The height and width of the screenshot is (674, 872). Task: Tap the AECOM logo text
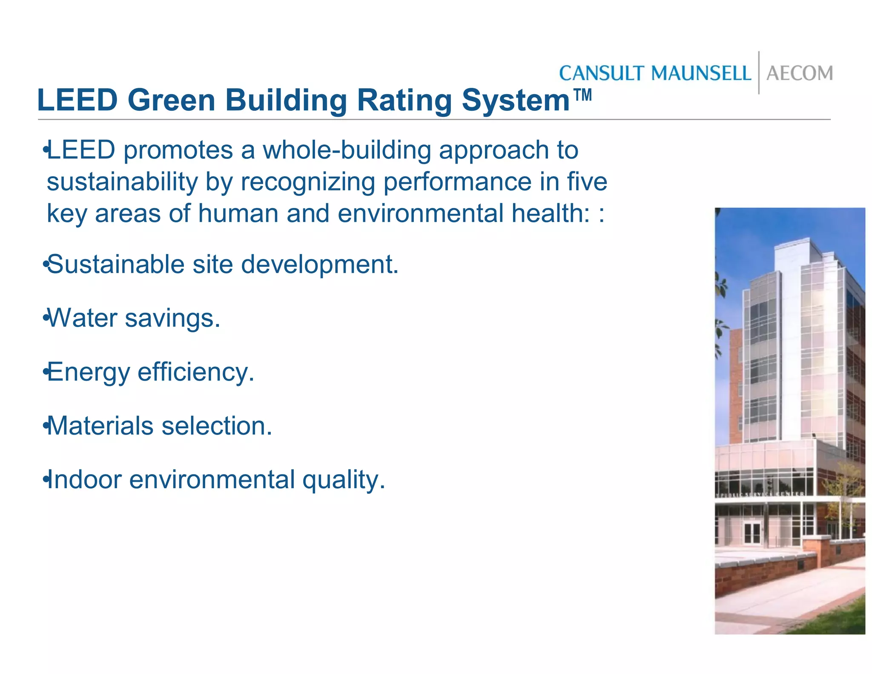tap(800, 73)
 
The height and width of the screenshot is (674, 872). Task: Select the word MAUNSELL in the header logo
tap(700, 73)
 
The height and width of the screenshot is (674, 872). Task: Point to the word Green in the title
tap(171, 101)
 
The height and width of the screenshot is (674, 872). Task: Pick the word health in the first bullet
tap(550, 213)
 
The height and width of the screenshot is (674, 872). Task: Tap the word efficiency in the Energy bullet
tap(196, 372)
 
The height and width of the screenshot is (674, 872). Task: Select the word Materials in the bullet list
tap(100, 426)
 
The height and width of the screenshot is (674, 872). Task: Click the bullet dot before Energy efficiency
tap(45, 373)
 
